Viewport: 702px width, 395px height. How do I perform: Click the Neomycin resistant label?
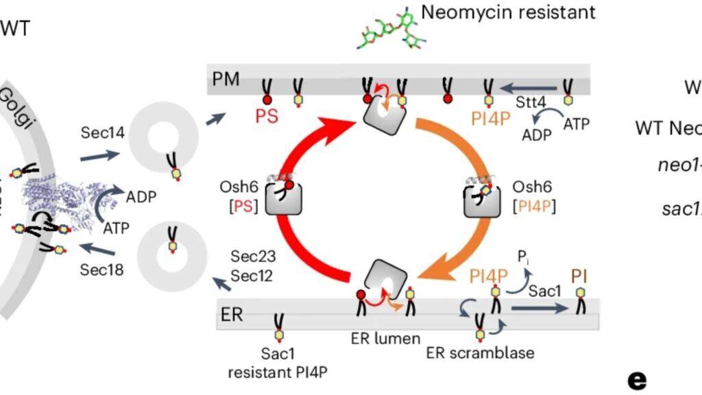tap(508, 12)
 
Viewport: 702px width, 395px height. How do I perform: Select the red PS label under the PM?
tap(267, 116)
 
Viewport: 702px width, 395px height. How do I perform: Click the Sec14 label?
tap(102, 132)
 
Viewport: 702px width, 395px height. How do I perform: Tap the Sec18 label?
tap(101, 270)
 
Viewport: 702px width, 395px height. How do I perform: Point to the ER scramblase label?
tap(480, 353)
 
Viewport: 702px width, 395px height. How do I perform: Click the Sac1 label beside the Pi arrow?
tap(545, 291)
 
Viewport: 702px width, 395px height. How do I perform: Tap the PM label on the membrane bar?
tap(226, 79)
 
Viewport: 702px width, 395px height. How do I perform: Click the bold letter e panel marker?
tap(637, 379)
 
